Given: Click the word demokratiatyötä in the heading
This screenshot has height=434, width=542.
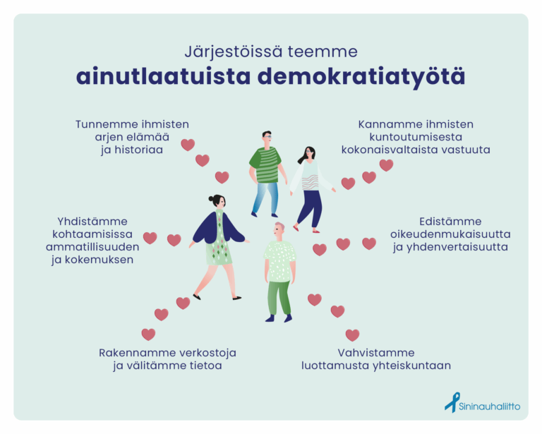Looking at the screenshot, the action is (x=361, y=77).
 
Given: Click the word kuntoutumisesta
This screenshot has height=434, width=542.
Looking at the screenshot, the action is (x=416, y=137).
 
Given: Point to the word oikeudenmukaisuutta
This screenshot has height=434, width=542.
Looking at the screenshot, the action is (x=450, y=234).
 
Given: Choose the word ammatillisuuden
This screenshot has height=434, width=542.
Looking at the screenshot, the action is (x=92, y=247).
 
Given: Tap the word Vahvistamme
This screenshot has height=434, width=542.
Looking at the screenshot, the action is (x=376, y=353).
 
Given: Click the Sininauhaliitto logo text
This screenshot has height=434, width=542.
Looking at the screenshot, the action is (x=489, y=406).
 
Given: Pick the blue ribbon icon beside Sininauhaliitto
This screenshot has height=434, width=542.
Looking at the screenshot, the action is (x=452, y=402).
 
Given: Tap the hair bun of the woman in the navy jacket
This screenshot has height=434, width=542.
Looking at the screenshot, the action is (x=211, y=198).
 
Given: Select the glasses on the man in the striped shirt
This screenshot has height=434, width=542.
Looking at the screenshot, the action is (x=267, y=137).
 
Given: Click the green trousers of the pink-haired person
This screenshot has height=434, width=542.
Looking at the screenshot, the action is (x=279, y=298).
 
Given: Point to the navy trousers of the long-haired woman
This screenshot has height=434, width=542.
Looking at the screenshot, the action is (x=310, y=208).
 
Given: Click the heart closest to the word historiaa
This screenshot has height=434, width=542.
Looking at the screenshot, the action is (x=188, y=145).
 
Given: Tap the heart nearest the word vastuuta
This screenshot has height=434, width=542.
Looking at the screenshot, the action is (x=387, y=165).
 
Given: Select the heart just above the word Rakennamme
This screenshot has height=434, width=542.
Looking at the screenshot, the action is (x=148, y=334).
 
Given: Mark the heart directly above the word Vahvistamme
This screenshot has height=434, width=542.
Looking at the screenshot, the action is (x=353, y=334).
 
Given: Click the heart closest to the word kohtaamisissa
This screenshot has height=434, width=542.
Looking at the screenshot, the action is (x=150, y=238).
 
